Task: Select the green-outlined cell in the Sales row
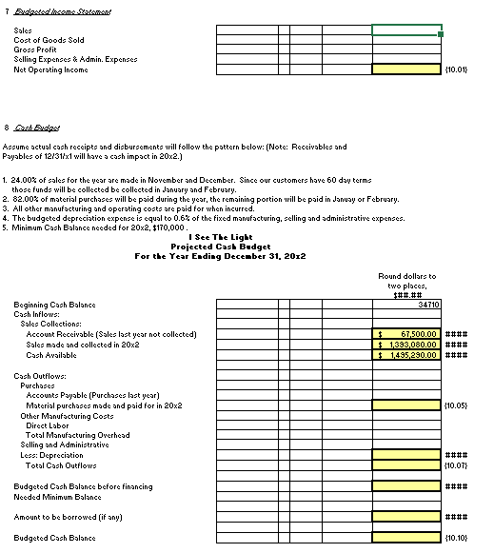(x=405, y=30)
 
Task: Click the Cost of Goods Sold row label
(x=49, y=40)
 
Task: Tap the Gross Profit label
(x=38, y=49)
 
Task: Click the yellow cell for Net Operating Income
(x=405, y=69)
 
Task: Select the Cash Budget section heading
(x=34, y=127)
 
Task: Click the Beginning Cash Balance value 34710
(x=427, y=305)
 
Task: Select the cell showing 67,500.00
(x=406, y=334)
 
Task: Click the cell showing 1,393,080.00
(x=406, y=345)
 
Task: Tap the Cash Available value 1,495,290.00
(x=406, y=355)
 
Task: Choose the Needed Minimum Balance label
(x=57, y=497)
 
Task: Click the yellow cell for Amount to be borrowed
(x=405, y=517)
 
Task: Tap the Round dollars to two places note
(x=406, y=282)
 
